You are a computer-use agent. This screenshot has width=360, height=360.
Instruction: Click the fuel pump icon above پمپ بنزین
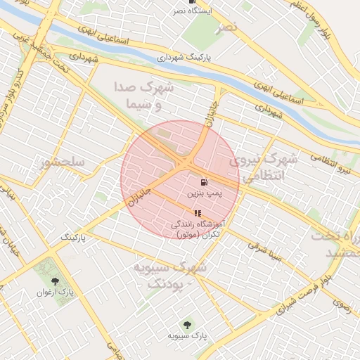click(x=204, y=181)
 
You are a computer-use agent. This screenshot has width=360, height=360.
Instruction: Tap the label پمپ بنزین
click(x=204, y=191)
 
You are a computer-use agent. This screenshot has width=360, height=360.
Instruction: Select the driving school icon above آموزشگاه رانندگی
click(x=198, y=213)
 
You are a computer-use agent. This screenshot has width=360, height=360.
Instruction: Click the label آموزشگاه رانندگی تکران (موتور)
click(x=198, y=228)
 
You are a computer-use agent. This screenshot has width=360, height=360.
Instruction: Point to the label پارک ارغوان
click(x=56, y=292)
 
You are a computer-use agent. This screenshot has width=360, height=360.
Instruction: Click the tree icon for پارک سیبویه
click(x=187, y=325)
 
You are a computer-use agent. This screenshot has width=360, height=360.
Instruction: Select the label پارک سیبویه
click(x=187, y=335)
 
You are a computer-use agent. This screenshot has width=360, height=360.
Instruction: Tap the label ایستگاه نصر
click(x=192, y=12)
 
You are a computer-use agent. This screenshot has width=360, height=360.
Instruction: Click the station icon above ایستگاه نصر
click(x=192, y=2)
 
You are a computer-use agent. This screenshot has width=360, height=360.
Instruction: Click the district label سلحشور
click(x=63, y=162)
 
